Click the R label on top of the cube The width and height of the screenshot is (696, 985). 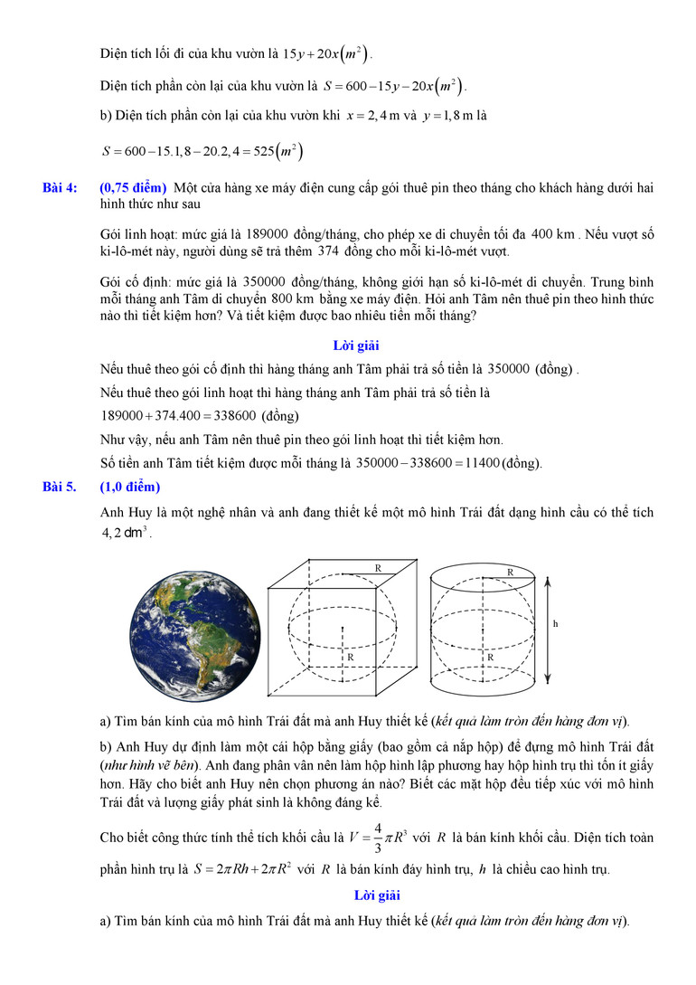(x=377, y=568)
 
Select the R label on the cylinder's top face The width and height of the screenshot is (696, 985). (x=510, y=573)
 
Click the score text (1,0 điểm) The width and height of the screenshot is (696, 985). (x=130, y=488)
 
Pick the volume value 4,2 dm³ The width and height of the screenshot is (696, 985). (x=126, y=533)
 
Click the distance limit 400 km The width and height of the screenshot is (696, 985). (x=553, y=235)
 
